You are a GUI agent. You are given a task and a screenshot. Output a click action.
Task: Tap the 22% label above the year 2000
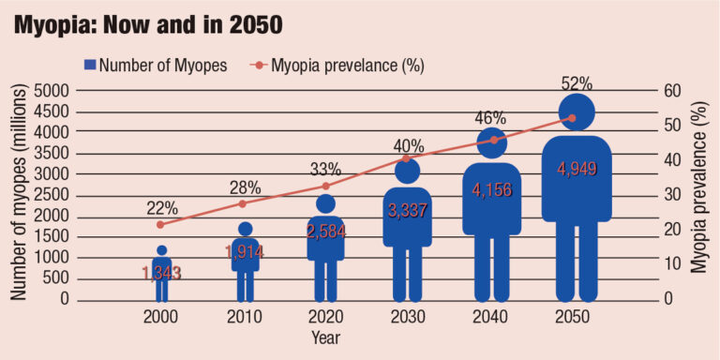click(x=161, y=208)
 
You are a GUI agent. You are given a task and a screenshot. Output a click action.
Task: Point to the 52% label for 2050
click(x=574, y=84)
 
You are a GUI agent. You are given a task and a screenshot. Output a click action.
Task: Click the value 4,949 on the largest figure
click(x=577, y=169)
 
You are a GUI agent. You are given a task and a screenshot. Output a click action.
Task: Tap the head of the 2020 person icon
click(x=325, y=203)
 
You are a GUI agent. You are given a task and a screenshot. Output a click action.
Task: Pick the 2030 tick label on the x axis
click(x=408, y=317)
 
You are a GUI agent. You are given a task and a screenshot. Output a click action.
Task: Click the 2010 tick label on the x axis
click(x=243, y=317)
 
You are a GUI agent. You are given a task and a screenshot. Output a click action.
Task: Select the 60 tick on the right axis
click(x=672, y=91)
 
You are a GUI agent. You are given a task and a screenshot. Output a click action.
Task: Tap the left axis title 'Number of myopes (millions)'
click(x=19, y=195)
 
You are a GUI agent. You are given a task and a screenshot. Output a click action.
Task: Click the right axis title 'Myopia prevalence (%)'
click(x=699, y=195)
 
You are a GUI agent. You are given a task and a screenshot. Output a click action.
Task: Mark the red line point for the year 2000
click(x=161, y=224)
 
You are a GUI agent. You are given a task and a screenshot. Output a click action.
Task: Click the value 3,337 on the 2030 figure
click(x=408, y=211)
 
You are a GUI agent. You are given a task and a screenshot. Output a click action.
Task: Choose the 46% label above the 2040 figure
click(x=490, y=118)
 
